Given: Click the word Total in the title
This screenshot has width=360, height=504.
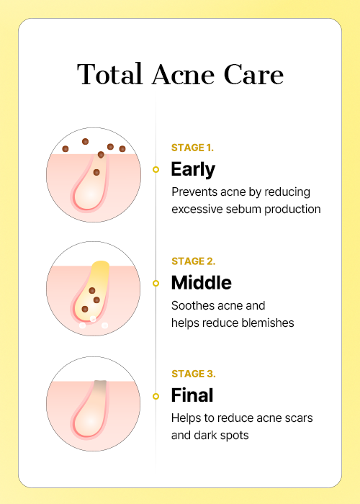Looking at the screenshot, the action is (109, 74).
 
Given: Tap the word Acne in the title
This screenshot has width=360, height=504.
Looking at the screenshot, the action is (183, 74).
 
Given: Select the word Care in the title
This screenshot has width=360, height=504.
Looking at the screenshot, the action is (253, 74).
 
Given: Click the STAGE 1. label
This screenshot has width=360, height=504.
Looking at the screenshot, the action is (192, 148).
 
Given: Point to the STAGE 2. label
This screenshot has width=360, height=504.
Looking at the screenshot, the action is (194, 261).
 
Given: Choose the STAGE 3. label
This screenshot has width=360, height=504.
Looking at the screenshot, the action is (194, 374).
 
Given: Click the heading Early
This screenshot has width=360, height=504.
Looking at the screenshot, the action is (193, 170).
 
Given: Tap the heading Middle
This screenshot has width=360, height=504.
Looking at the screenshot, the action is (201, 283).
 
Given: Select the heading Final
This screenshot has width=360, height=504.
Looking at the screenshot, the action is (192, 395).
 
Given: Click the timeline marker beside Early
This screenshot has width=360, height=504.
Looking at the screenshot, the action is (156, 169).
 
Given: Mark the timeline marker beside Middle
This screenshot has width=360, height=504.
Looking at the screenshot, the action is (156, 283).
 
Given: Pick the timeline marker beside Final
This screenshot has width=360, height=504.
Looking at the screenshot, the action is (156, 396).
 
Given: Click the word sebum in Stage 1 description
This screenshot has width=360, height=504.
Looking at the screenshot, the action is (243, 210).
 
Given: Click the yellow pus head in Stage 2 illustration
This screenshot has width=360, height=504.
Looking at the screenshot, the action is (100, 268).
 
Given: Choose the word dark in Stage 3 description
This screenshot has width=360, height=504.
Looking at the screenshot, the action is (205, 435).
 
